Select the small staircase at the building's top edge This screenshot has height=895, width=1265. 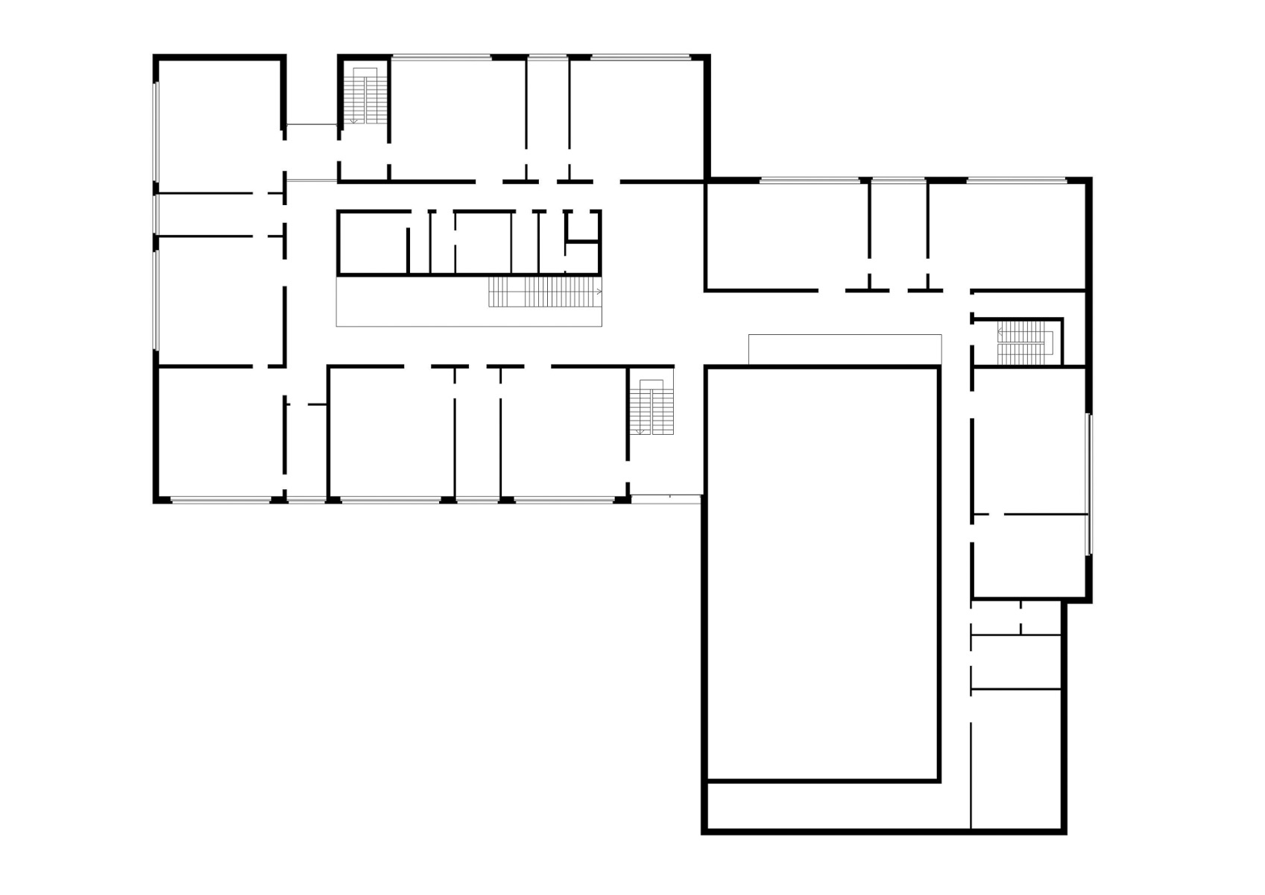(x=365, y=95)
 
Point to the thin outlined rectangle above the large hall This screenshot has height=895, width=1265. (x=845, y=350)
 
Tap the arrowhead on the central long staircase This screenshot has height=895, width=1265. (x=599, y=292)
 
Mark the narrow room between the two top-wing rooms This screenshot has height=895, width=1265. (x=548, y=119)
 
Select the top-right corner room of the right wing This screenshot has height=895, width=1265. (x=1006, y=235)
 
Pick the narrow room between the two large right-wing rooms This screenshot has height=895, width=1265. (x=898, y=235)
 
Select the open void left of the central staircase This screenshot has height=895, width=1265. (x=411, y=301)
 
